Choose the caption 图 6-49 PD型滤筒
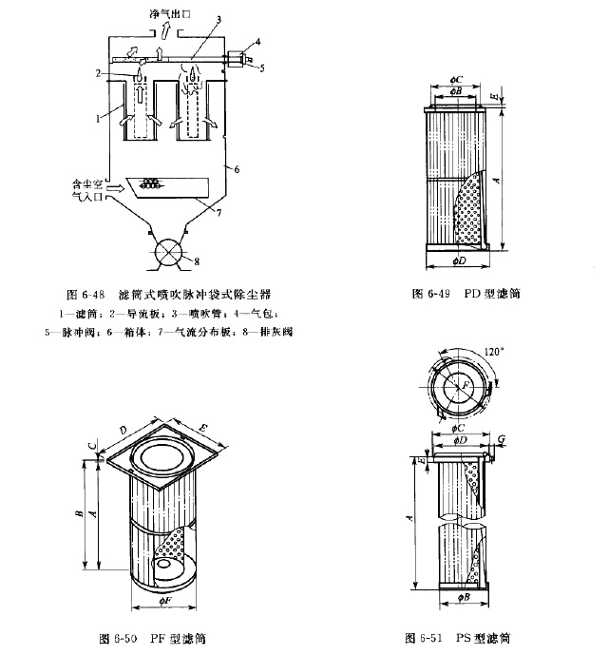pyautogui.click(x=466, y=294)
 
